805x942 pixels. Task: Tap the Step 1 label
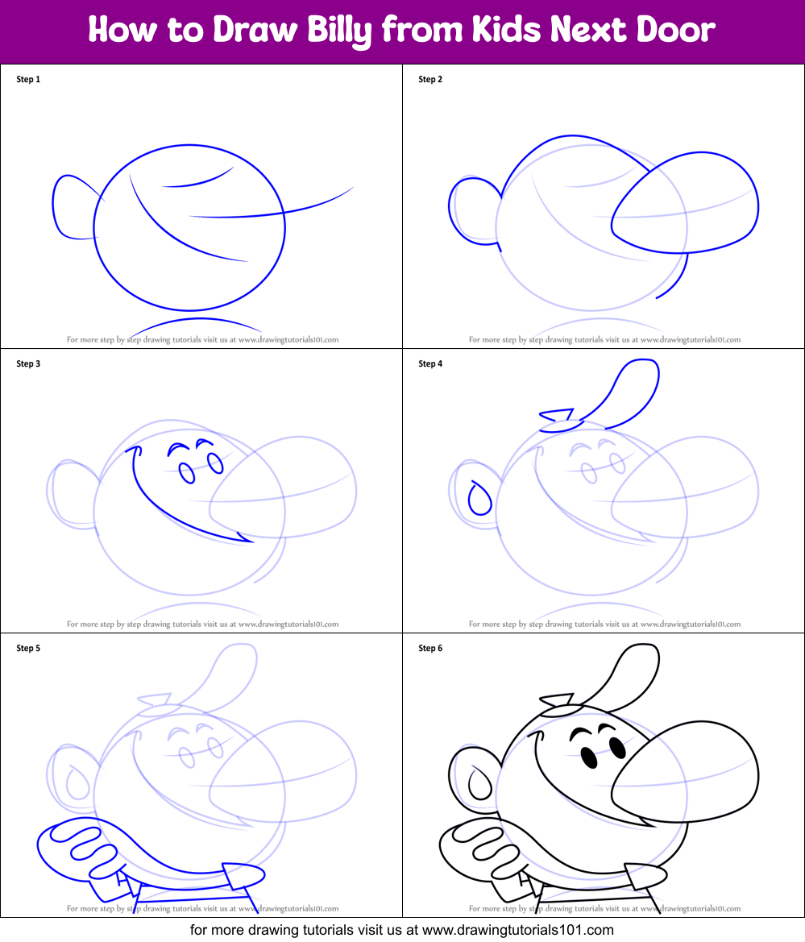(28, 79)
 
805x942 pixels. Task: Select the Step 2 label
(430, 79)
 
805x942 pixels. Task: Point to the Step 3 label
(28, 363)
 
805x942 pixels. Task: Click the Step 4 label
(430, 363)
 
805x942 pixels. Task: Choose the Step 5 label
(28, 648)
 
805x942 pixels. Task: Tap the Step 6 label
(430, 648)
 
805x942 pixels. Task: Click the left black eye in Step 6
(589, 758)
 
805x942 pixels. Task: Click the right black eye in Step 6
(616, 748)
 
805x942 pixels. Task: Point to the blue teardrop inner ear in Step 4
(479, 499)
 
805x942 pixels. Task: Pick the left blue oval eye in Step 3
(187, 473)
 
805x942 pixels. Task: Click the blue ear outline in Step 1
(68, 207)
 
